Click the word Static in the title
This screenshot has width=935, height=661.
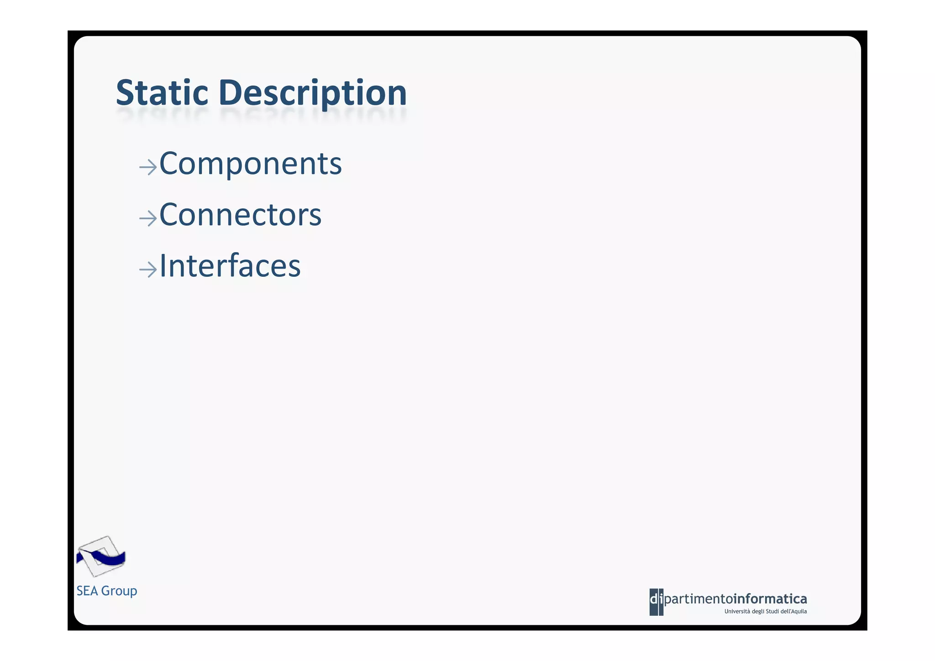(162, 93)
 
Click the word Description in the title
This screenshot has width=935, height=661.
(313, 93)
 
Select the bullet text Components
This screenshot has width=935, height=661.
(250, 164)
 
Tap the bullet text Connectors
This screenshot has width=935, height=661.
(240, 215)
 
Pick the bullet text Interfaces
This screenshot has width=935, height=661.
(230, 266)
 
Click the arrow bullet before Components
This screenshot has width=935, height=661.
(148, 167)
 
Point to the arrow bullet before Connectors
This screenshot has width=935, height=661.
(148, 218)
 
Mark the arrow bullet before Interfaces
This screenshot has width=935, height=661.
(148, 270)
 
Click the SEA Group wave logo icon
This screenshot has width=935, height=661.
(101, 556)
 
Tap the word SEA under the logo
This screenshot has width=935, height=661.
(87, 591)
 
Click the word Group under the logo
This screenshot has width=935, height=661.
(119, 591)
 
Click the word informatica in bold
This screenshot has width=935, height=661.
(770, 598)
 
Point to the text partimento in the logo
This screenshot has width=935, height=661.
(698, 599)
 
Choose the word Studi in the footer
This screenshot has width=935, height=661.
(772, 612)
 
